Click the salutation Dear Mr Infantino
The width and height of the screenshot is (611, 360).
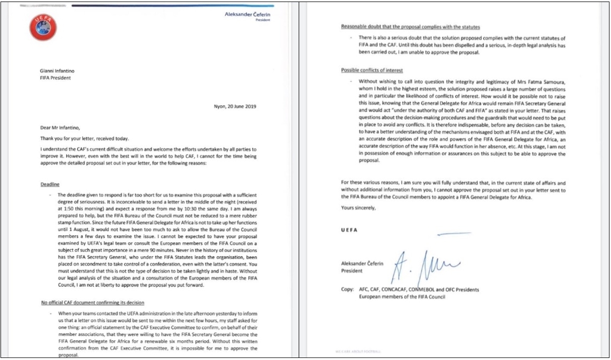62,129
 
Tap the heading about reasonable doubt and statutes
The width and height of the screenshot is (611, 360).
410,26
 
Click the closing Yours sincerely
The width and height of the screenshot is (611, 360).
358,208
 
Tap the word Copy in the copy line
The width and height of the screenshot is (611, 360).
348,290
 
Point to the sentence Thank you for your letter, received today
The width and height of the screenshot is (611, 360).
86,139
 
